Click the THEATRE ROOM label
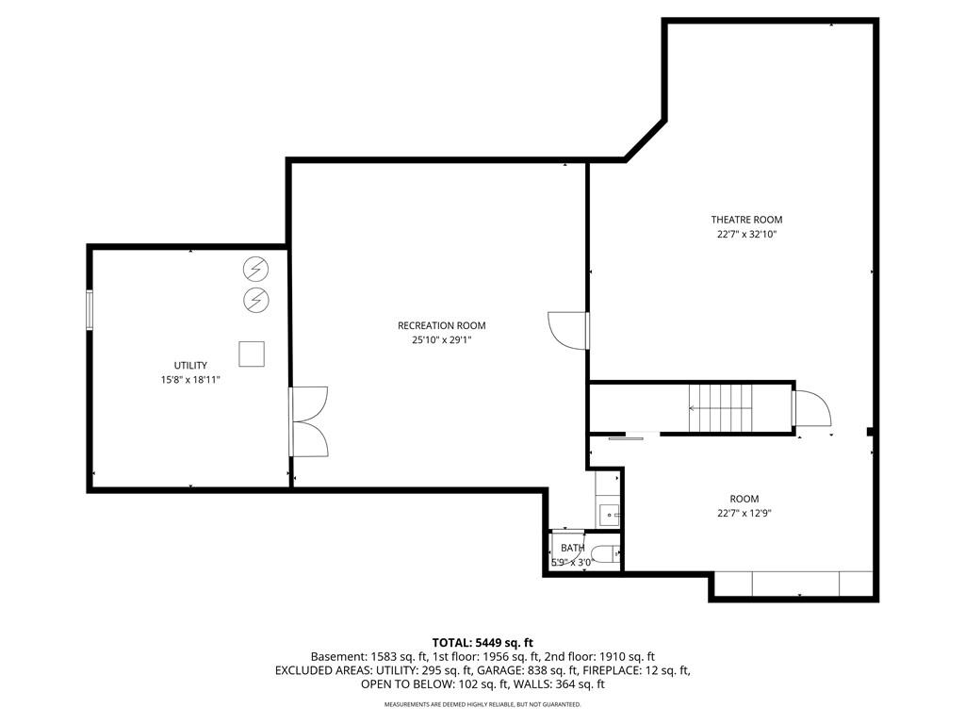pos(746,220)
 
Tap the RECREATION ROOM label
pos(441,325)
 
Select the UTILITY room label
pos(190,365)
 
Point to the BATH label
pos(572,548)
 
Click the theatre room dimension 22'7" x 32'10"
pos(746,235)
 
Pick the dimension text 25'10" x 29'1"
pos(441,340)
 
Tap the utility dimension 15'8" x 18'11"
pos(190,380)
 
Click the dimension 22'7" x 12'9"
pos(744,514)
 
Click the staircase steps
pos(720,408)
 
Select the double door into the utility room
pos(308,421)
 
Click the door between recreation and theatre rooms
pos(568,331)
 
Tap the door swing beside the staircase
pos(811,408)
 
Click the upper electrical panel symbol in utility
pos(256,269)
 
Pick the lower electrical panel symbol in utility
pos(256,300)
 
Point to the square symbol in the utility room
pos(252,354)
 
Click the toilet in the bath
pos(606,554)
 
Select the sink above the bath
pos(610,512)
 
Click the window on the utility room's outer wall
pos(90,310)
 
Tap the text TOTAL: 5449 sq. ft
pos(482,643)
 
